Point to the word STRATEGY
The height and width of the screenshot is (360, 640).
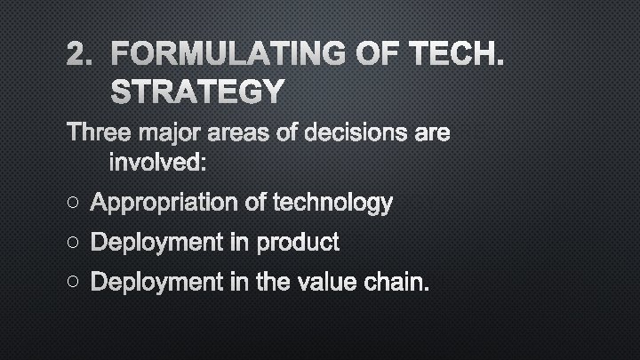coord(197,91)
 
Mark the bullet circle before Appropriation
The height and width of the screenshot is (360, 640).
coord(73,204)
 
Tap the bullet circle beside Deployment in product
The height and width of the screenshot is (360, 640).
coord(73,242)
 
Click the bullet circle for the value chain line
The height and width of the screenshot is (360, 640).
coord(73,282)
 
